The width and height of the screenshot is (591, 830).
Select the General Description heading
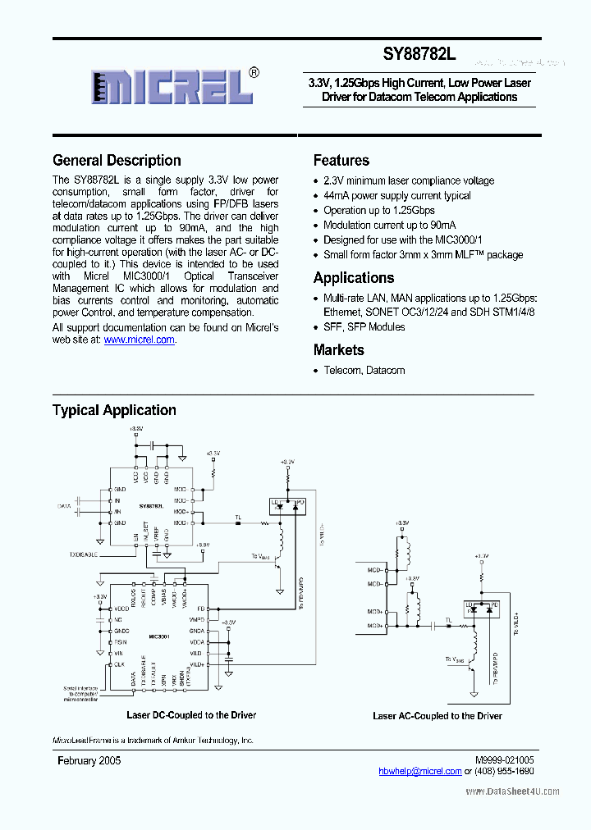click(117, 161)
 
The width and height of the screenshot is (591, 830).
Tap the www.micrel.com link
click(140, 340)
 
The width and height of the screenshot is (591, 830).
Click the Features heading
click(341, 161)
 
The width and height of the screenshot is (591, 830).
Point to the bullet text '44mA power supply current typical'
click(397, 195)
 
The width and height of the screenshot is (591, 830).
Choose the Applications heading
click(354, 278)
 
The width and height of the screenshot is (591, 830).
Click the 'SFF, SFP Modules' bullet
click(364, 326)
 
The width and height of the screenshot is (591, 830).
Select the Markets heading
click(339, 350)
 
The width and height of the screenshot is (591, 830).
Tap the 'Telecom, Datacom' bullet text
click(364, 370)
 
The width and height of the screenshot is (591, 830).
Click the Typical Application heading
click(114, 410)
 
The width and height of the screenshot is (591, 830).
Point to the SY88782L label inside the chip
click(151, 507)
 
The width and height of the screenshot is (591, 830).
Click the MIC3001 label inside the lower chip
click(159, 636)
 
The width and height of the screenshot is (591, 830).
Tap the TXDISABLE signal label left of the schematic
click(82, 554)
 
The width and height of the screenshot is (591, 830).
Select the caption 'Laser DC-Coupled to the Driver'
click(191, 715)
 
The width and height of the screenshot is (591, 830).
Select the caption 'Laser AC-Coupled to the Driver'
click(438, 716)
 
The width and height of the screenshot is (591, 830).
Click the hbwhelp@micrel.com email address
click(420, 771)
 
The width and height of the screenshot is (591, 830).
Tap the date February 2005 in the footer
click(89, 761)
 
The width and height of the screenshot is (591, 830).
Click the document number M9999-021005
click(504, 761)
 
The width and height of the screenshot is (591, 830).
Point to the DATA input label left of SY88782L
click(65, 507)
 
